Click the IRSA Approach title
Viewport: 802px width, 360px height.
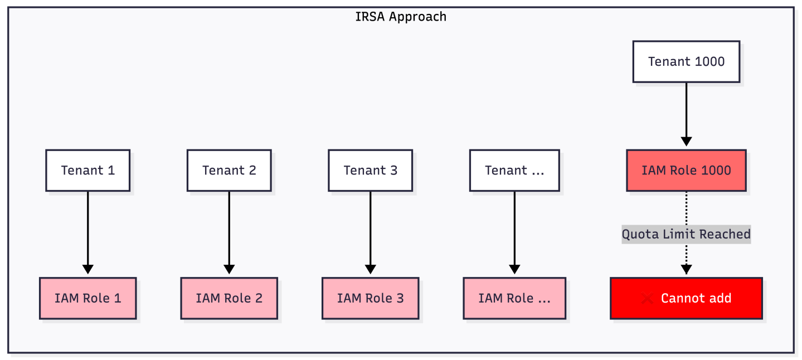click(401, 17)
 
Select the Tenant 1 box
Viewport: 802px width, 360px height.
click(88, 171)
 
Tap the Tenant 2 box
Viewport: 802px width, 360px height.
click(229, 171)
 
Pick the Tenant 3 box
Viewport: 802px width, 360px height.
click(371, 171)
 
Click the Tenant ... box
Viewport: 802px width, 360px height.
click(514, 171)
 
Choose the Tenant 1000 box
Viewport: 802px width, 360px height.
click(686, 61)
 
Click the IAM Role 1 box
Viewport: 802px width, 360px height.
click(88, 298)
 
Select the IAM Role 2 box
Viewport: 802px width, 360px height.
click(229, 298)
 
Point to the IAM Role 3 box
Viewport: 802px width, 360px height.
click(371, 298)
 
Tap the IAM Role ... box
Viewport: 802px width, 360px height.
click(514, 298)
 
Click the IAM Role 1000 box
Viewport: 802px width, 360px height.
click(686, 171)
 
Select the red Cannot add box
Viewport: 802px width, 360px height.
click(686, 298)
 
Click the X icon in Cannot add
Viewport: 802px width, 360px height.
click(647, 299)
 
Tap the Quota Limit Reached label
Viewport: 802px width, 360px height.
click(686, 234)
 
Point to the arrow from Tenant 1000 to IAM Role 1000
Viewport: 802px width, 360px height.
click(686, 111)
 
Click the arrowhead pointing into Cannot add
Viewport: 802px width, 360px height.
click(686, 270)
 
